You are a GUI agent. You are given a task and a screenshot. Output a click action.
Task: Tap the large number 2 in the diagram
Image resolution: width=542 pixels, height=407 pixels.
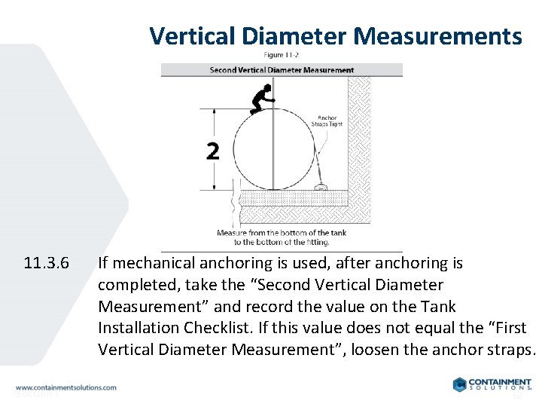pos(213,151)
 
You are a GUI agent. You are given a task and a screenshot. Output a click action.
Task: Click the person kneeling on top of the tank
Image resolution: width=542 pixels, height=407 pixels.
pos(261,99)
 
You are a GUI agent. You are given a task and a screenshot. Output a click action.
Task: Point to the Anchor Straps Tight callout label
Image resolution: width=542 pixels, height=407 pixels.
pos(328,121)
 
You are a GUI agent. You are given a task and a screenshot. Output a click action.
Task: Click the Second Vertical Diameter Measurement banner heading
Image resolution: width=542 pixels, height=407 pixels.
pos(282,70)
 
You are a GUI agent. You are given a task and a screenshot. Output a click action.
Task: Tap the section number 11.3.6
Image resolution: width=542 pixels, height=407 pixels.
pos(47,264)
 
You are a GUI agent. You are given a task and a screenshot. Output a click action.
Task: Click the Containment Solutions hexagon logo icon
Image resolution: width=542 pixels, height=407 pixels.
pos(460,384)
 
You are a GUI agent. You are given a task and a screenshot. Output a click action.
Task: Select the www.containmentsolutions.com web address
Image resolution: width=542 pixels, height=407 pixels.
pos(66,387)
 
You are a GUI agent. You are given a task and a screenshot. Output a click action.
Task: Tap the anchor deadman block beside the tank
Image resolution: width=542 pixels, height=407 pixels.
pos(320,185)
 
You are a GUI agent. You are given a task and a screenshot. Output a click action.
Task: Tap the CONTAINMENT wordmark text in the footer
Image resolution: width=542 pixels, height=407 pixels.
pos(502,381)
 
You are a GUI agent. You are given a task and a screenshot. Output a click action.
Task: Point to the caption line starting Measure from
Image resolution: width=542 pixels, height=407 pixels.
pos(282,233)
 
